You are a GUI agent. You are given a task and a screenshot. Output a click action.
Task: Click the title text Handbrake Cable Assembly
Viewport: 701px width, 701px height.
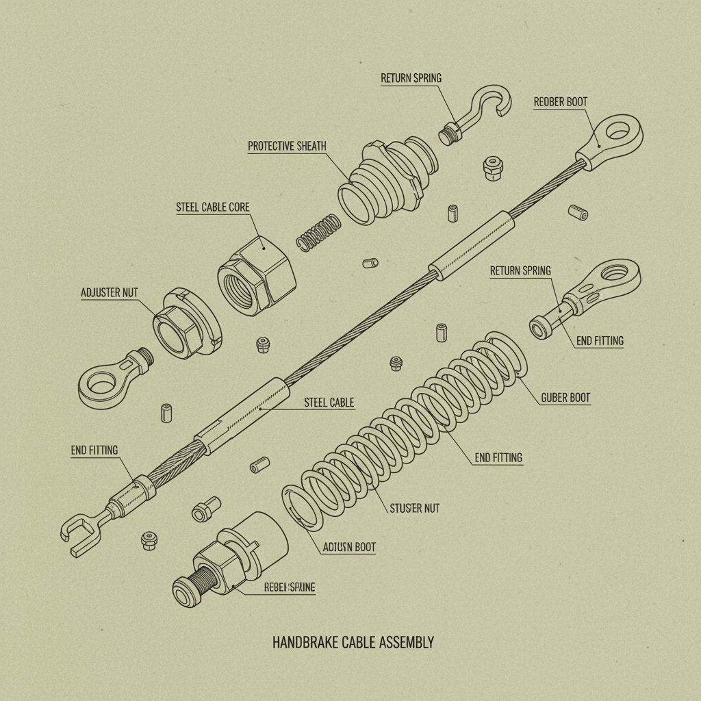(353, 643)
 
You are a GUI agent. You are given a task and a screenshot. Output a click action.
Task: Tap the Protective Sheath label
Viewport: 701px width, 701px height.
(287, 146)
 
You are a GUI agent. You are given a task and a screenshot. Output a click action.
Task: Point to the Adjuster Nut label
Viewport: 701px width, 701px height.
(110, 292)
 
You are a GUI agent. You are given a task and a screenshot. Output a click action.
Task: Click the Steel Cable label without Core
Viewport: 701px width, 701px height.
(329, 403)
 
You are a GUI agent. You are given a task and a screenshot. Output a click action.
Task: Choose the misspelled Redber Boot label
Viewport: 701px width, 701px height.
(560, 102)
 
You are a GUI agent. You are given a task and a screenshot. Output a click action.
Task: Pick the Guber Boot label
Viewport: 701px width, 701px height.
(565, 397)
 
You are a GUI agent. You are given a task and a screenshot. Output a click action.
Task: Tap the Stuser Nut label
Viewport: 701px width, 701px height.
(414, 509)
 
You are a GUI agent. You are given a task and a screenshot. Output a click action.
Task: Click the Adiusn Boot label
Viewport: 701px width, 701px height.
(348, 547)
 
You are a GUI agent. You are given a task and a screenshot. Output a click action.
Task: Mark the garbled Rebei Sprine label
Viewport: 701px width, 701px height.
(289, 587)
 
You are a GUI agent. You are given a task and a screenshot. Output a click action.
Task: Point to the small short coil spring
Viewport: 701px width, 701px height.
(318, 233)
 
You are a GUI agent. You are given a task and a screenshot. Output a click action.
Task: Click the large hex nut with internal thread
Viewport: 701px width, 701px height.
(256, 275)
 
